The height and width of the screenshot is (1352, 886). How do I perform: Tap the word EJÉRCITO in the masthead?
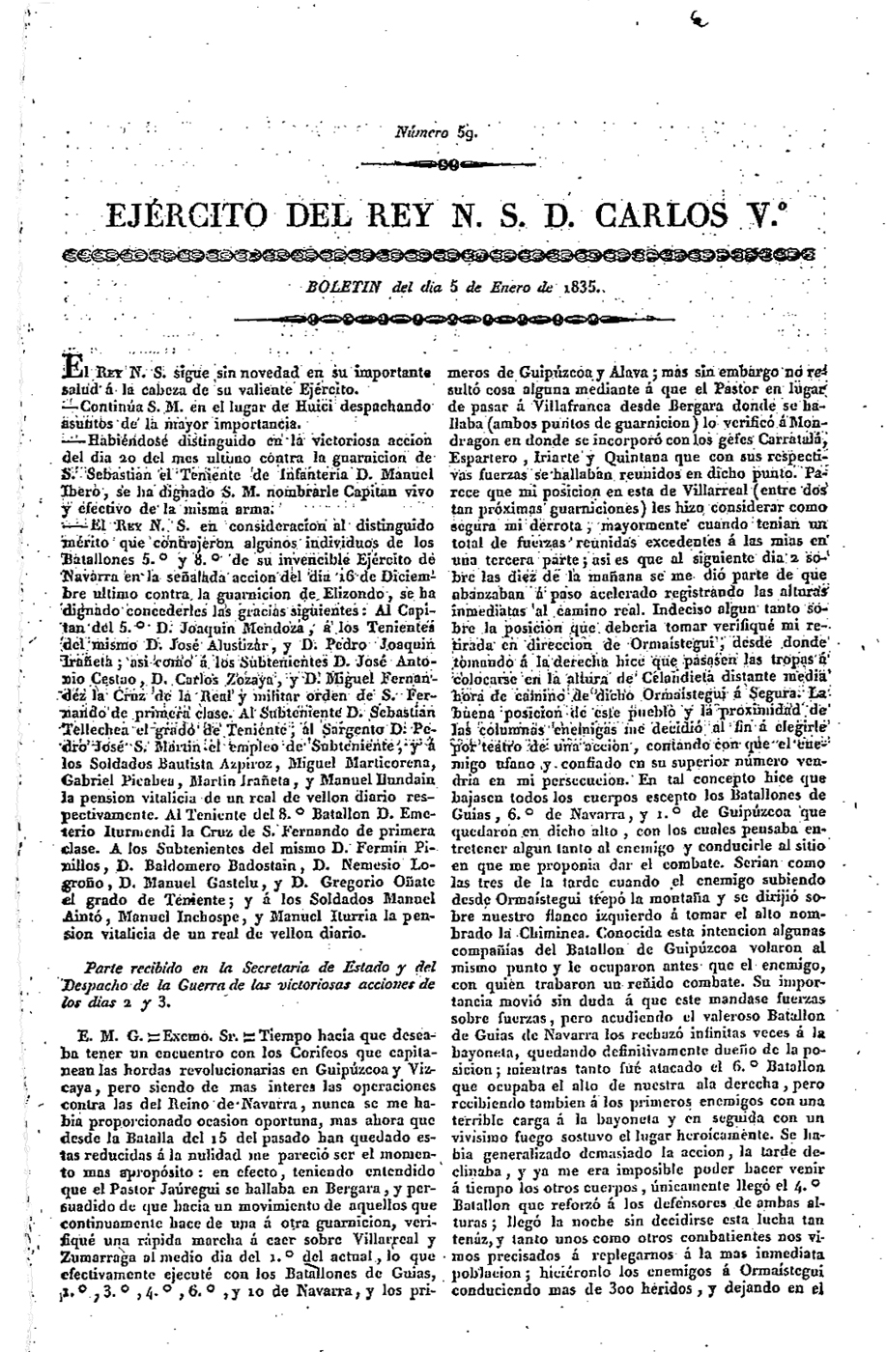click(x=184, y=213)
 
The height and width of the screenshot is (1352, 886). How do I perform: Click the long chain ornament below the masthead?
click(x=443, y=254)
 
